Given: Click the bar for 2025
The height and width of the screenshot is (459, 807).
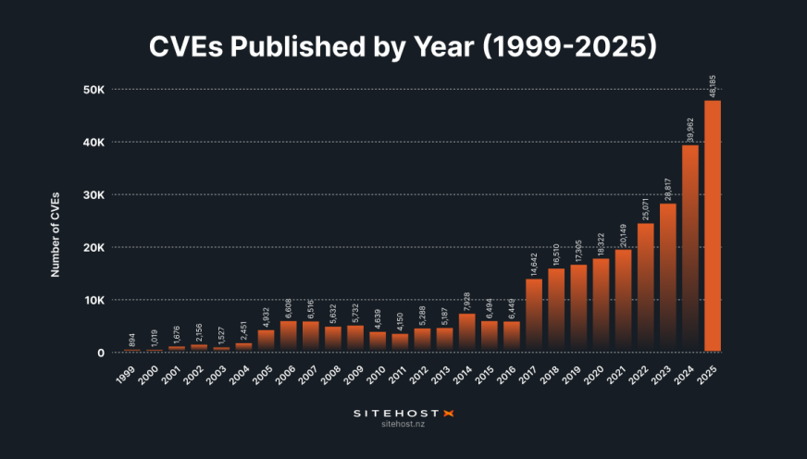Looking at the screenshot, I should coord(713,227).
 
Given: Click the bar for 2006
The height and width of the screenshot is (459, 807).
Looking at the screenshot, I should coord(288,336).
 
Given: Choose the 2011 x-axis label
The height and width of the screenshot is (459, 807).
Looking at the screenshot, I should coord(398,374).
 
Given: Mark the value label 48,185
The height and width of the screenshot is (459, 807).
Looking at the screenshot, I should coord(713,80).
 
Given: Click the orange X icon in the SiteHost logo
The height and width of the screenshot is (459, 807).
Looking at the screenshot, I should coord(451,413).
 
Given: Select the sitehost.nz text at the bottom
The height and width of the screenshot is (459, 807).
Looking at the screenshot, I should coord(403,426).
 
